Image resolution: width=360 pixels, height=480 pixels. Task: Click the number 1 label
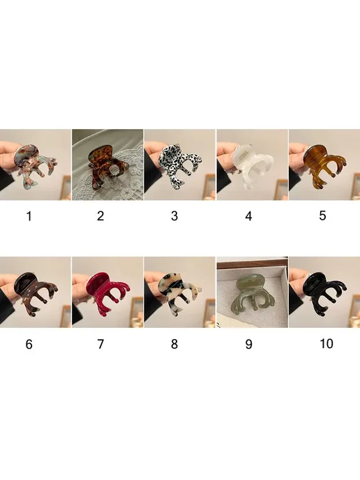coord(29,216)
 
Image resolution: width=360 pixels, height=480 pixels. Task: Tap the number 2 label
coord(100,216)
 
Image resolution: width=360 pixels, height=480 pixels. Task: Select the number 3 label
coord(174,216)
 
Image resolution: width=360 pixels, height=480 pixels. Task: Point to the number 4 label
coord(248,216)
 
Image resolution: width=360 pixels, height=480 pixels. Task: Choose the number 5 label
coord(322,216)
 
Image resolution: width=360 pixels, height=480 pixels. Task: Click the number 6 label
coord(29,345)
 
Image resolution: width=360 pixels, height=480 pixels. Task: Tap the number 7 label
coord(100,344)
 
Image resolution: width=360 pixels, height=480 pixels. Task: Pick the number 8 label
coord(174,344)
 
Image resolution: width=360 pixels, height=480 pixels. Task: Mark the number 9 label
coord(248,344)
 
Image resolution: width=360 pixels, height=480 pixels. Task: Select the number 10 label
coord(327,343)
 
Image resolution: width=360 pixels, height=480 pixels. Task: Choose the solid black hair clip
coord(324,290)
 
